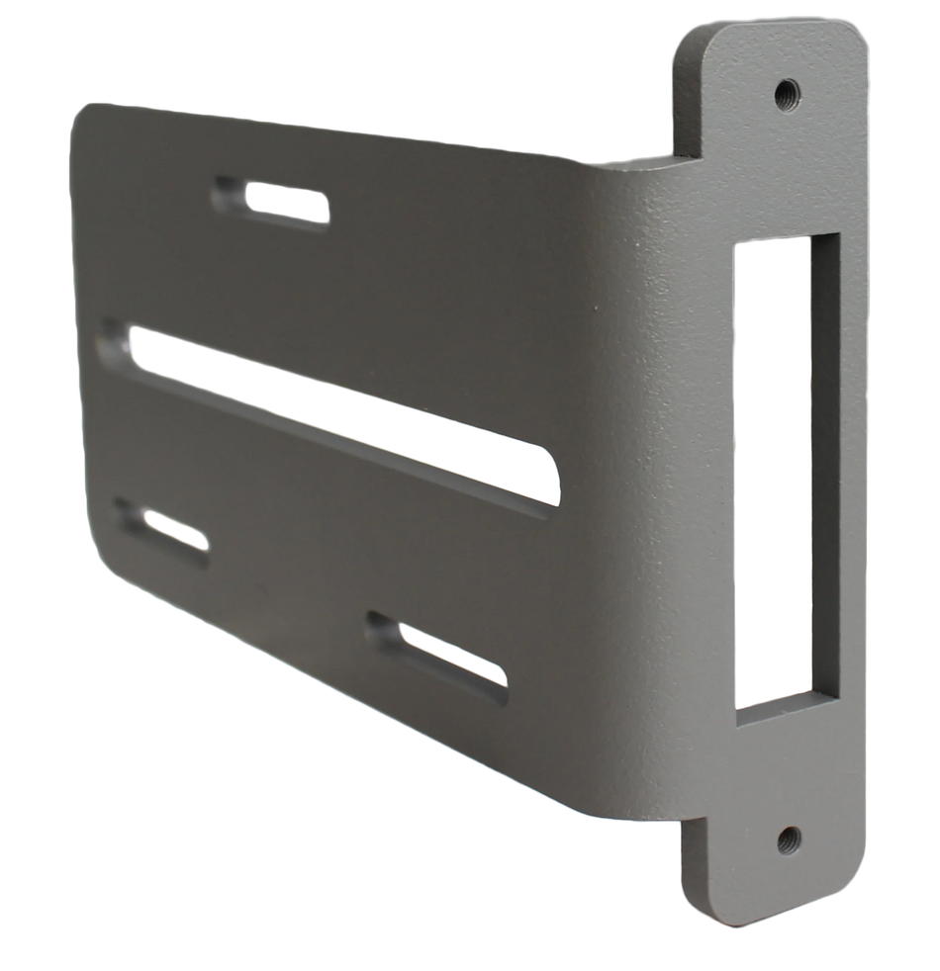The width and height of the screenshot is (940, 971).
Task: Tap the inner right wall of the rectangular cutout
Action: (824, 465)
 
